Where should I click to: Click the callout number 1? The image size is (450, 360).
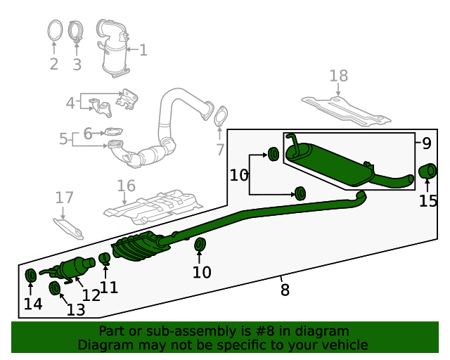(x=143, y=50)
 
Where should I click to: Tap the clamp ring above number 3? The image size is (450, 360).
(x=77, y=32)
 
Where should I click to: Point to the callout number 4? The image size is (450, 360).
(x=70, y=103)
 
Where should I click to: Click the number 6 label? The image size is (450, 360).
(x=88, y=133)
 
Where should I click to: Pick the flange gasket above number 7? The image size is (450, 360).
(x=221, y=117)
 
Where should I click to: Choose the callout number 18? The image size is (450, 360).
(x=338, y=75)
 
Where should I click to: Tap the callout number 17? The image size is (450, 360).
(x=64, y=198)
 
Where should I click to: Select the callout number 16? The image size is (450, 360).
(x=126, y=186)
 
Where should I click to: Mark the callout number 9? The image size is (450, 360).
(x=427, y=143)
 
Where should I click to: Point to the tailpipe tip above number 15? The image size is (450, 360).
(x=427, y=172)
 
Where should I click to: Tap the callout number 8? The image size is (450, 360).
(x=284, y=289)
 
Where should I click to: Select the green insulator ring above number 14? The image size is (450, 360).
(x=31, y=274)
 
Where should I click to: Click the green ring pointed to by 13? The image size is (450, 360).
(x=54, y=288)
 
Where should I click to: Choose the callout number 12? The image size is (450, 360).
(x=91, y=296)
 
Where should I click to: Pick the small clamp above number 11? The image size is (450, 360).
(x=105, y=259)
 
